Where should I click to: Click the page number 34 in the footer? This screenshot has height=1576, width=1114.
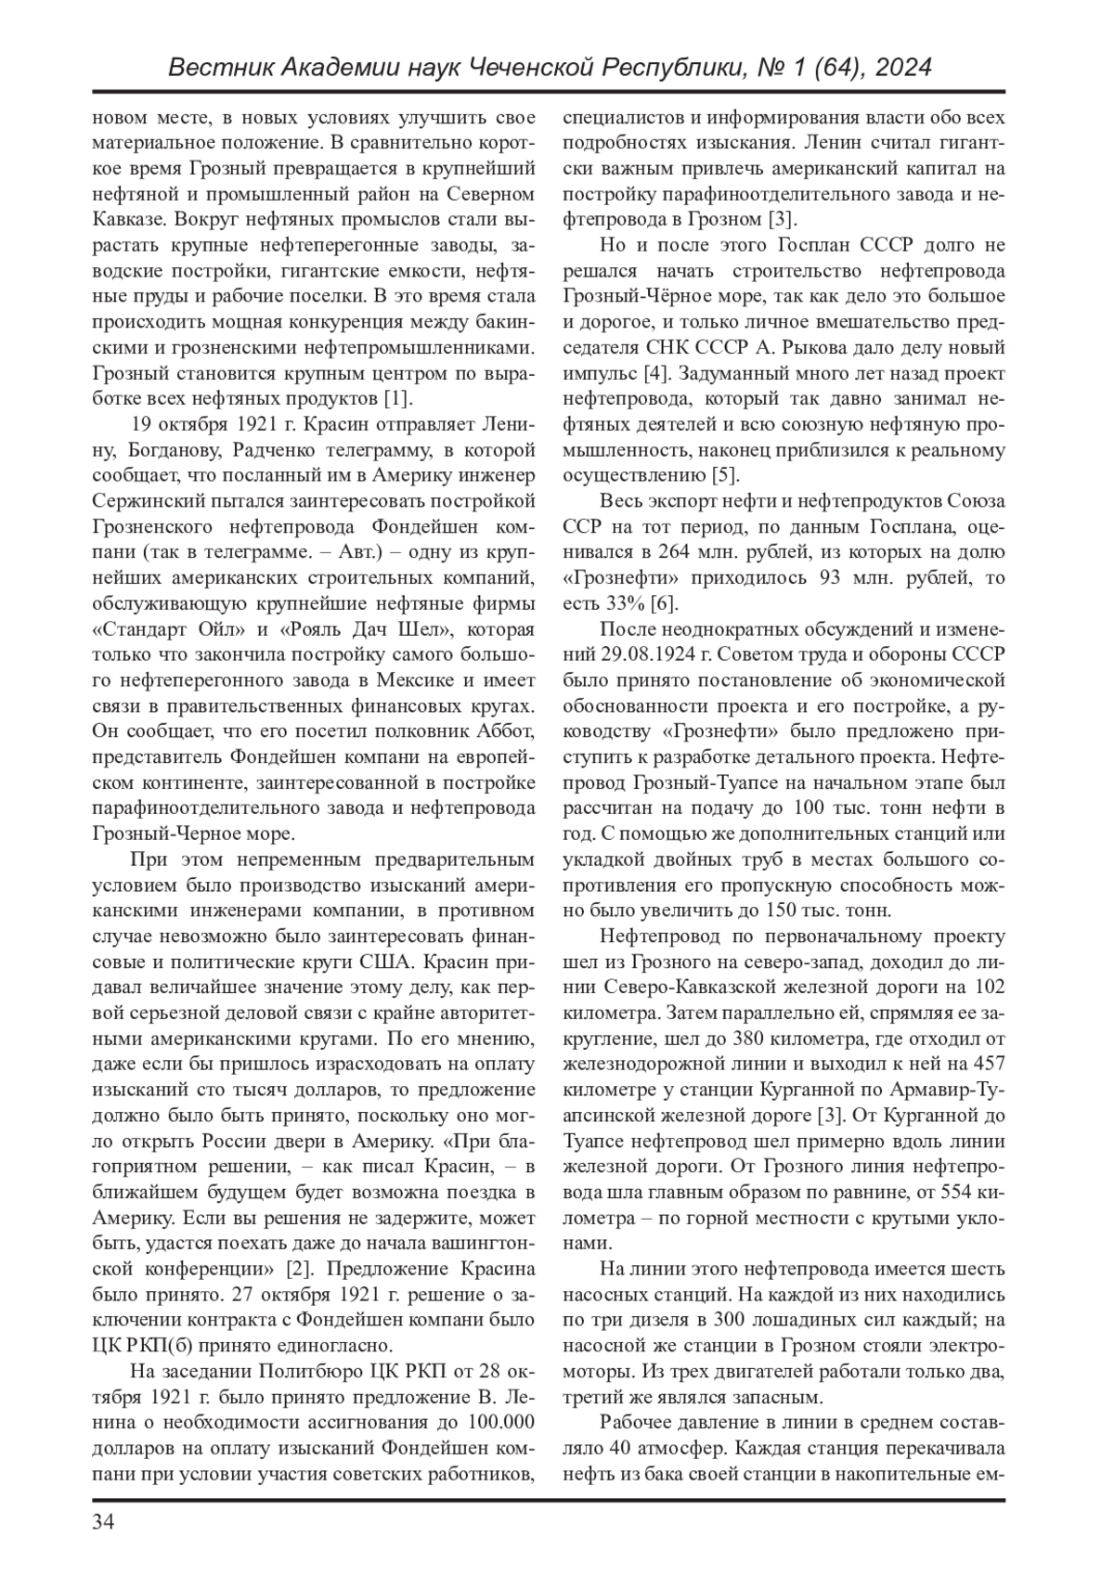point(103,1523)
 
